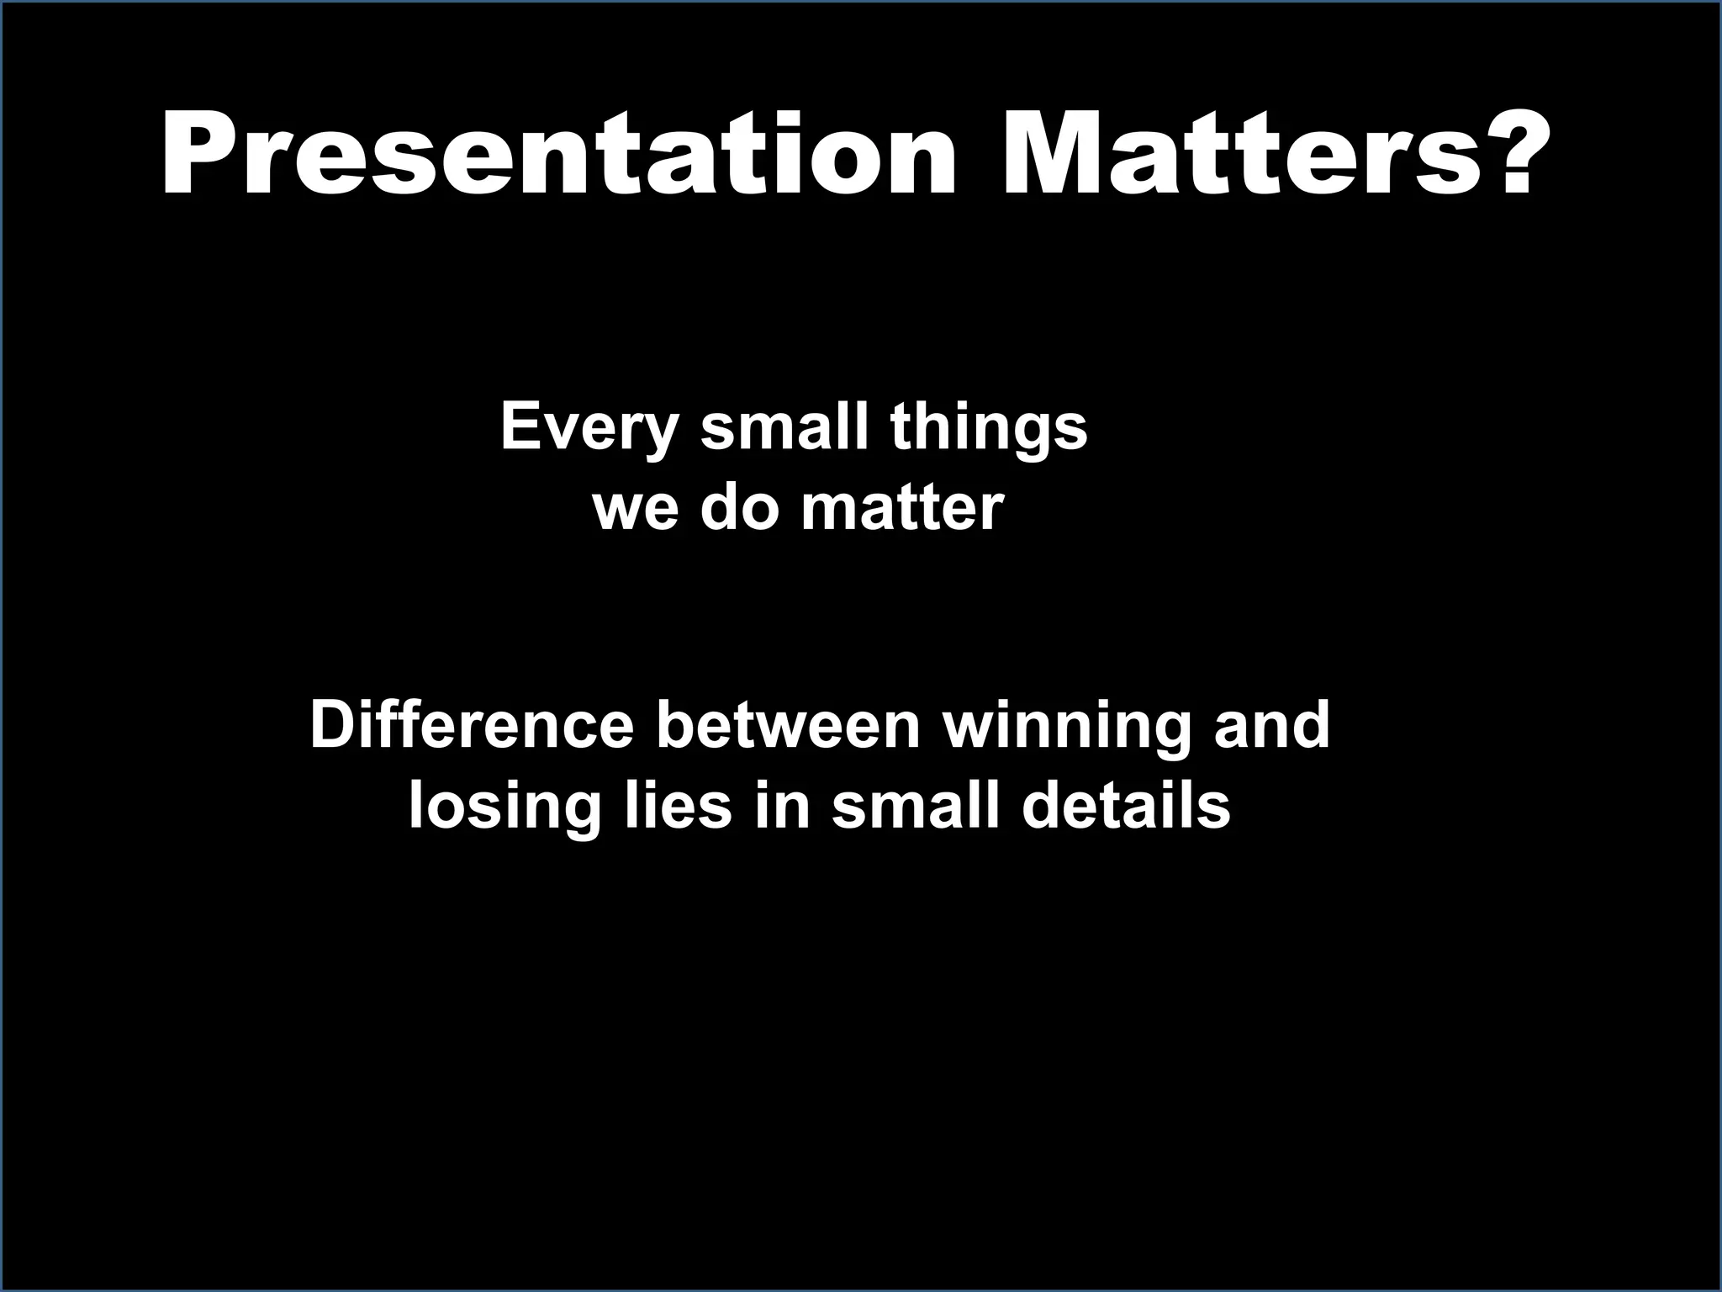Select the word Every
589,429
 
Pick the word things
989,429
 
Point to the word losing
504,808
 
